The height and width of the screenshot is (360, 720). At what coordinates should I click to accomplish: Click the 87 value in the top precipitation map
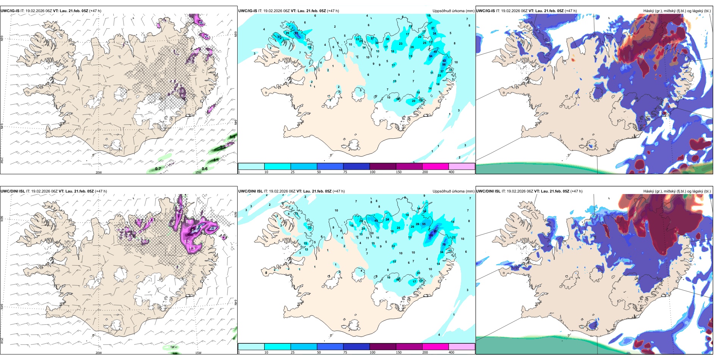pos(296,33)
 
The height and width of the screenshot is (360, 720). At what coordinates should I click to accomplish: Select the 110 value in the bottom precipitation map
pos(430,235)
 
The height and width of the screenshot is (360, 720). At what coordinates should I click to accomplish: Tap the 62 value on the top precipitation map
pos(444,61)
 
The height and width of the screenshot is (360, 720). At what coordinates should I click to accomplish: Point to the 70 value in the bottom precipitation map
pos(444,244)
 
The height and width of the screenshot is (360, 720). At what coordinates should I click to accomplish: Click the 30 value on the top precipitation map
pos(387,39)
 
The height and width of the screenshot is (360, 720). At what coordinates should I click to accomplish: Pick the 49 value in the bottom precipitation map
pos(376,221)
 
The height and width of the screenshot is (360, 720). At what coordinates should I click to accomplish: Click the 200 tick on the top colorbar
pos(425,172)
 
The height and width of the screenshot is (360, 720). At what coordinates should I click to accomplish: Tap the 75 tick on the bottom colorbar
pos(345,352)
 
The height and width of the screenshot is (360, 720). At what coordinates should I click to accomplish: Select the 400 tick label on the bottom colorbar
pos(451,352)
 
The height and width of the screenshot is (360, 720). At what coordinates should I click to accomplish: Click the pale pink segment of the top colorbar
pos(462,166)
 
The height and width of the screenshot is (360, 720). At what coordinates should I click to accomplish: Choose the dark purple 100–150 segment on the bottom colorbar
pos(382,347)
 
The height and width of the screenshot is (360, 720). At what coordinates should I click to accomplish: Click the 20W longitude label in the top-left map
pos(99,172)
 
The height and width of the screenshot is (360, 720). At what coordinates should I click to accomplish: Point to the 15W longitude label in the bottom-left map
pos(198,353)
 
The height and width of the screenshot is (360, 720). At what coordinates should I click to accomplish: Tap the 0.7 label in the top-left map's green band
pos(158,169)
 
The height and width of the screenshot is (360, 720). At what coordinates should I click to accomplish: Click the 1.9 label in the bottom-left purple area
pos(192,248)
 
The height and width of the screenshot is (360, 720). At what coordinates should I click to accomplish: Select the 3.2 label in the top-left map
pos(223,147)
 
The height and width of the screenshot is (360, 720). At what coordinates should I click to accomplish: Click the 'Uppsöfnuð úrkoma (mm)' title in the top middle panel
pos(453,11)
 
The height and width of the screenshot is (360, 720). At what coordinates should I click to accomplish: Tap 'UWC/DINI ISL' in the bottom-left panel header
pos(13,191)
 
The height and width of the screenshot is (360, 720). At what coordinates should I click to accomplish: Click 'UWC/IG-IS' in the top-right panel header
pos(485,11)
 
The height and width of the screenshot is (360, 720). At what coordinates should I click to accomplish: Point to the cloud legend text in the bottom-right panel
pos(677,191)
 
